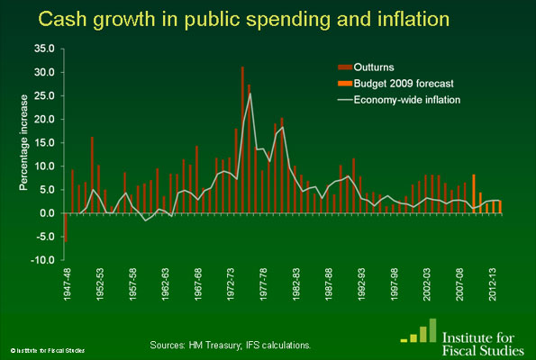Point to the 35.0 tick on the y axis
pyautogui.click(x=43, y=49)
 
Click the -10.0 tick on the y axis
pyautogui.click(x=42, y=260)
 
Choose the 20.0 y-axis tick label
pyautogui.click(x=43, y=119)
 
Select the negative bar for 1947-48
pyautogui.click(x=66, y=227)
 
